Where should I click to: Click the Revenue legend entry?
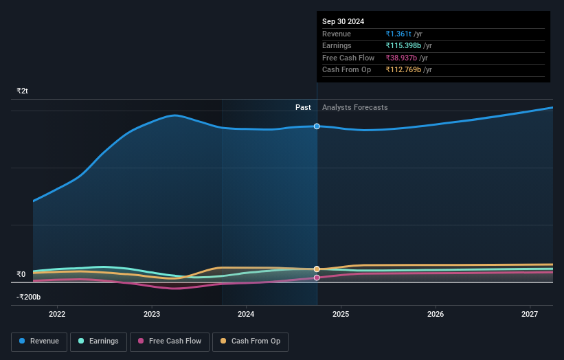point(39,341)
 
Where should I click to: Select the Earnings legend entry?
point(98,341)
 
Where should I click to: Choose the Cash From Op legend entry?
point(250,341)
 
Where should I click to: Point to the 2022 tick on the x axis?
point(57,314)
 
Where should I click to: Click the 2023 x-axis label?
point(152,314)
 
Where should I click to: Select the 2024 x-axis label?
point(246,314)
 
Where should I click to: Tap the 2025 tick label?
point(341,314)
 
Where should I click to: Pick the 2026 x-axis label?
point(436,314)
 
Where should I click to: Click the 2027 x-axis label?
point(530,314)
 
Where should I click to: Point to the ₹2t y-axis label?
point(23,91)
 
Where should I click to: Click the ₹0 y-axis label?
point(21,274)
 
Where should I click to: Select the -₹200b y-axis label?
point(29,297)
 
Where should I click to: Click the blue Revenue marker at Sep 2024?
point(317,126)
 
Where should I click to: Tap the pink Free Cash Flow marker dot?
point(317,278)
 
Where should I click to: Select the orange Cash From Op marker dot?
point(317,269)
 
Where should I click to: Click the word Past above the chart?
point(303,107)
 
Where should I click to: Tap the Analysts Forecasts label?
point(354,107)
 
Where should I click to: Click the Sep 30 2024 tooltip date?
point(343,21)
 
